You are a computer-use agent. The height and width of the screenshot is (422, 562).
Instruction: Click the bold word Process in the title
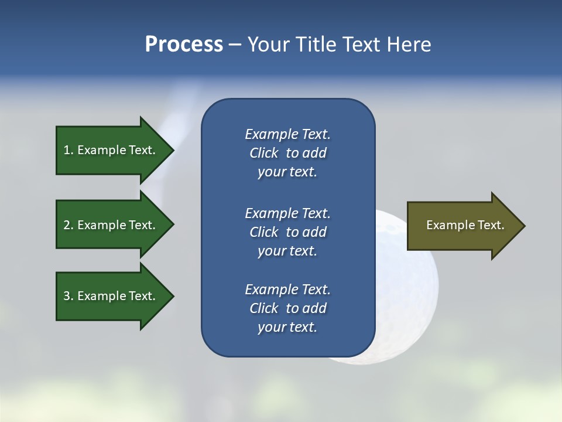point(184,45)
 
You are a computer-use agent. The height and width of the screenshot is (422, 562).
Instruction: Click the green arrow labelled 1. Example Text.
point(111,150)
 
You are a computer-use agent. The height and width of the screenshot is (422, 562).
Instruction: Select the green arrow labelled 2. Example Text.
point(111,225)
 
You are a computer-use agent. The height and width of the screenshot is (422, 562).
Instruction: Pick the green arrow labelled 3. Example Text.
point(111,296)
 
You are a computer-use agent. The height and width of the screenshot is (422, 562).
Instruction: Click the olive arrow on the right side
point(462,226)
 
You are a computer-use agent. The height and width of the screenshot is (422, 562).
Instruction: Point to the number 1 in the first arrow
point(67,150)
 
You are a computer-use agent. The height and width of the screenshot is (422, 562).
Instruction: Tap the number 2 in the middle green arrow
point(67,225)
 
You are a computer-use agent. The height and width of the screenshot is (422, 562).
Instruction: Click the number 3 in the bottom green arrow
point(67,296)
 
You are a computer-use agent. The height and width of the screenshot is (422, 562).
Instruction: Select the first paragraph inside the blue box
point(287,153)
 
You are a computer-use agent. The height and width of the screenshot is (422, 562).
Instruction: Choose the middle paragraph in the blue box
point(287,232)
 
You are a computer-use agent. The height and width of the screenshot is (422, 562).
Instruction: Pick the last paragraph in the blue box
point(287,308)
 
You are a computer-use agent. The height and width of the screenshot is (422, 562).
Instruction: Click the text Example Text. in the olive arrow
point(465,225)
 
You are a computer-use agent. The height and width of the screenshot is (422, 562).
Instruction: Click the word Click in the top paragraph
point(263,153)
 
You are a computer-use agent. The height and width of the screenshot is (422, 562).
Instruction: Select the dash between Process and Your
point(235,45)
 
